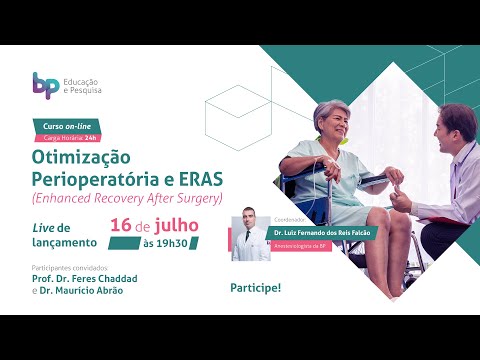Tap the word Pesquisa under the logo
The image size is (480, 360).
86,92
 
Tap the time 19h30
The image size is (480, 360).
173,243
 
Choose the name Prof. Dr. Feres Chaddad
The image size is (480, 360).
91,280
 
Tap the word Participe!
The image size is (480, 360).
255,287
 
